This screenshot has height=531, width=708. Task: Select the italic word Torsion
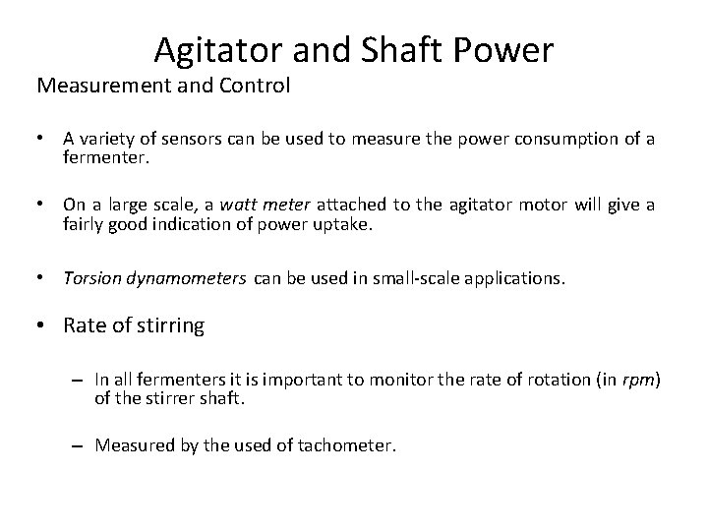(94, 278)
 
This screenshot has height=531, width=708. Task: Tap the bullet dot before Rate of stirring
(43, 325)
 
